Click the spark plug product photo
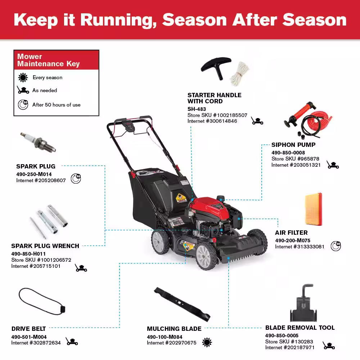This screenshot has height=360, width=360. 38,142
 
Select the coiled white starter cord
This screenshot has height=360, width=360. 240,73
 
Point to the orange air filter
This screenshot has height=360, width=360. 314,209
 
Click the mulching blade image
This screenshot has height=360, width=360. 182,304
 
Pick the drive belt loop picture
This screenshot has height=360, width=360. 42,301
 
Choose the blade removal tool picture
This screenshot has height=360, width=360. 303,303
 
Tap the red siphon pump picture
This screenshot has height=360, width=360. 308,120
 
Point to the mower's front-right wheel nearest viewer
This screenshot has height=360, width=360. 206,256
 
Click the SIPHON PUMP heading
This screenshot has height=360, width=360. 293,145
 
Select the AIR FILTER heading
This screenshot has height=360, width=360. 291,233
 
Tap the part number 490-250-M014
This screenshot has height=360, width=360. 34,174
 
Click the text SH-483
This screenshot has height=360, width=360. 197,109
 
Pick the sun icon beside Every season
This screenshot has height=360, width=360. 23,78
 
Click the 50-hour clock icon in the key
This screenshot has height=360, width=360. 23,105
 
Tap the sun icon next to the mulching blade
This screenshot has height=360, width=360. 207,342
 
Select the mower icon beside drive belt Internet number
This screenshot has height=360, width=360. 72,341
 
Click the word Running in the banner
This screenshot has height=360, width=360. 118,20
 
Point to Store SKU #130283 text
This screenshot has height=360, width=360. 289,341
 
